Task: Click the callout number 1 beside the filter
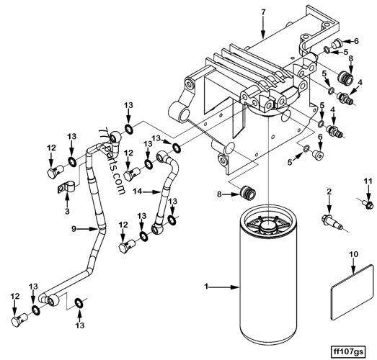[208, 287]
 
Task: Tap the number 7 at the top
[264, 12]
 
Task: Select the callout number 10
[353, 255]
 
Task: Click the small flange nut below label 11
[368, 204]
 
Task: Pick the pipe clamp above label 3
[66, 193]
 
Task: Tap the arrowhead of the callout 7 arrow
[264, 36]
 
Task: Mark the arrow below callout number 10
[353, 268]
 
